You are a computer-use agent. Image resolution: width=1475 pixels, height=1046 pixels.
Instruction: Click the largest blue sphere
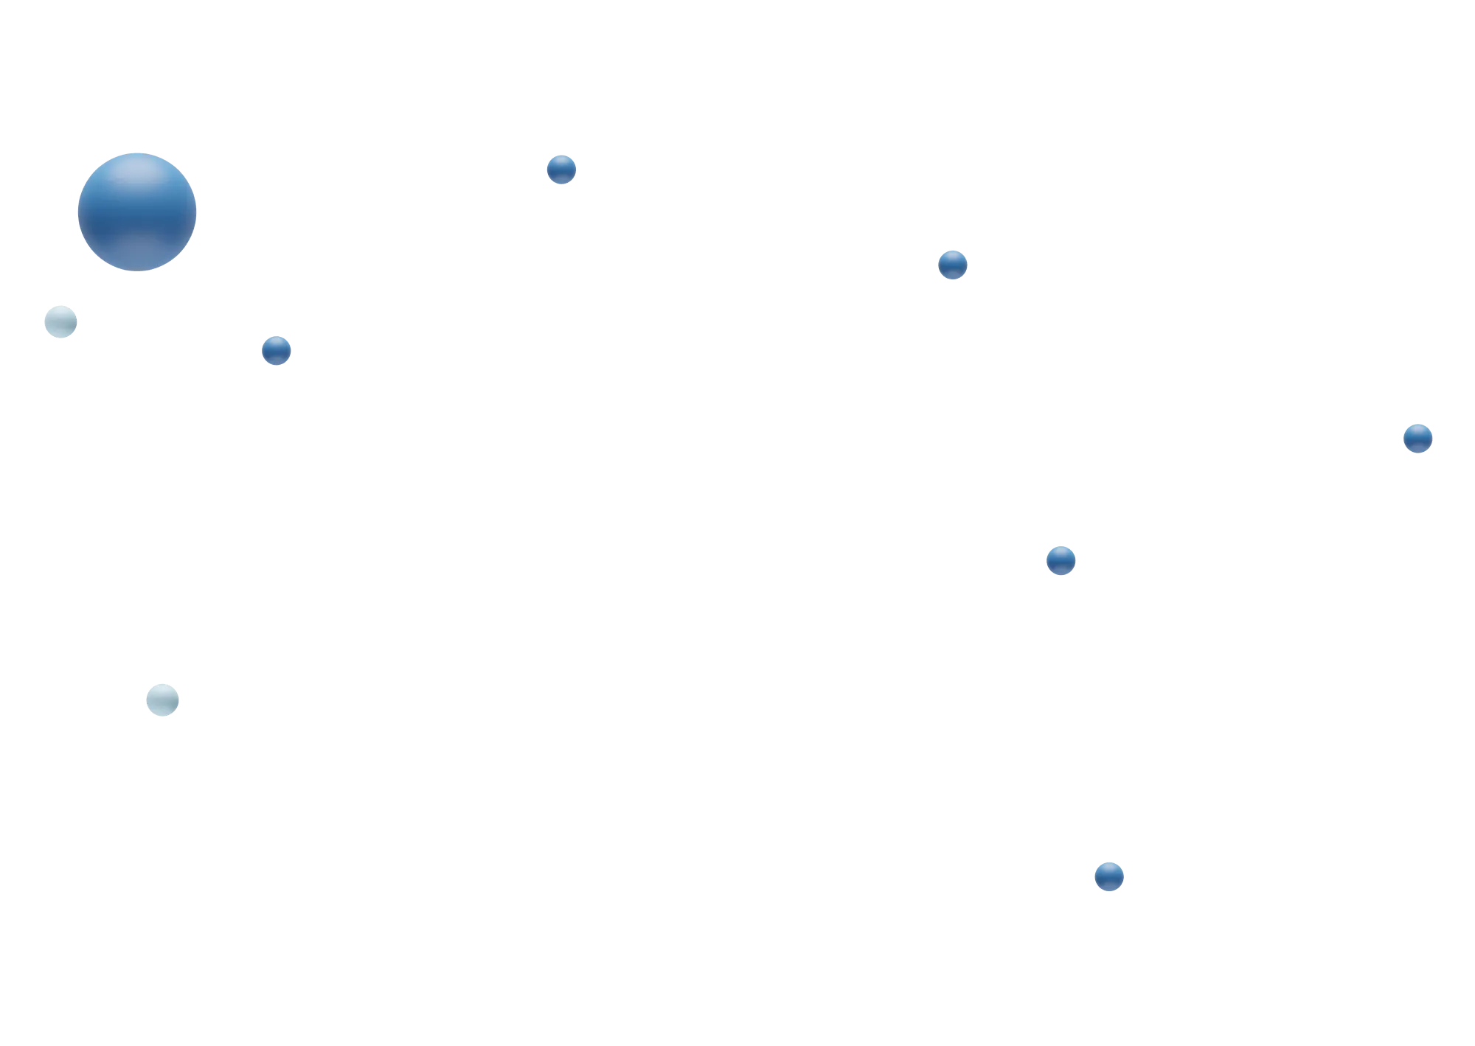pyautogui.click(x=138, y=211)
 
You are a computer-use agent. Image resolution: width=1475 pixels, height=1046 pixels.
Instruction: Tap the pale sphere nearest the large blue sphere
pyautogui.click(x=60, y=321)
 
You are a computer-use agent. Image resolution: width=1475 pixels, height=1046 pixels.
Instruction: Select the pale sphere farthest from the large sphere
pyautogui.click(x=162, y=699)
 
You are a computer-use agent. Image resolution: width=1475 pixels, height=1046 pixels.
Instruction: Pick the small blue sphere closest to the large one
pyautogui.click(x=277, y=350)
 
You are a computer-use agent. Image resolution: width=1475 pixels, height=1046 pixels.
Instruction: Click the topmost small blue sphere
pyautogui.click(x=561, y=170)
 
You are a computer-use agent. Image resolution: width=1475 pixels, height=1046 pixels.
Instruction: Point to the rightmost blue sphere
pyautogui.click(x=1417, y=438)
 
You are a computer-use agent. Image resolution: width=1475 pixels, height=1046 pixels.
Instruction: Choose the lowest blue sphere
pyautogui.click(x=1108, y=876)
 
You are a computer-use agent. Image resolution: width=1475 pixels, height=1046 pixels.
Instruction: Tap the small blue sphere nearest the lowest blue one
pyautogui.click(x=1061, y=559)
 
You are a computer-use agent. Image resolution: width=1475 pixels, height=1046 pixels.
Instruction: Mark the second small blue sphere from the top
pyautogui.click(x=952, y=264)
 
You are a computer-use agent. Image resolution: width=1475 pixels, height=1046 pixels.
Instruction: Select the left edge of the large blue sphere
pyautogui.click(x=79, y=211)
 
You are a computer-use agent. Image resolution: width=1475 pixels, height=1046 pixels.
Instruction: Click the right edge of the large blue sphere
pyautogui.click(x=198, y=211)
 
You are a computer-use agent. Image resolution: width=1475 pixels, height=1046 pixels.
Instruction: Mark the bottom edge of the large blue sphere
pyautogui.click(x=138, y=269)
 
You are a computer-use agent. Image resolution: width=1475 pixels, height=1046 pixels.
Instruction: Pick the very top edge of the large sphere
pyautogui.click(x=138, y=152)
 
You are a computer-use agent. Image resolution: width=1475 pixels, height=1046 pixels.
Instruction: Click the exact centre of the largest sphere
pyautogui.click(x=138, y=211)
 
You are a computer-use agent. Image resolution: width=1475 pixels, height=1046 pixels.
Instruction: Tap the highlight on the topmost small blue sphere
pyautogui.click(x=561, y=161)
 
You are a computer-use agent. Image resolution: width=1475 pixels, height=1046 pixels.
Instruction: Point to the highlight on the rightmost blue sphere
pyautogui.click(x=1417, y=430)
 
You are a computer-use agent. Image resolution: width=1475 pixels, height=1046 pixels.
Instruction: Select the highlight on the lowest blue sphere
pyautogui.click(x=1108, y=868)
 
